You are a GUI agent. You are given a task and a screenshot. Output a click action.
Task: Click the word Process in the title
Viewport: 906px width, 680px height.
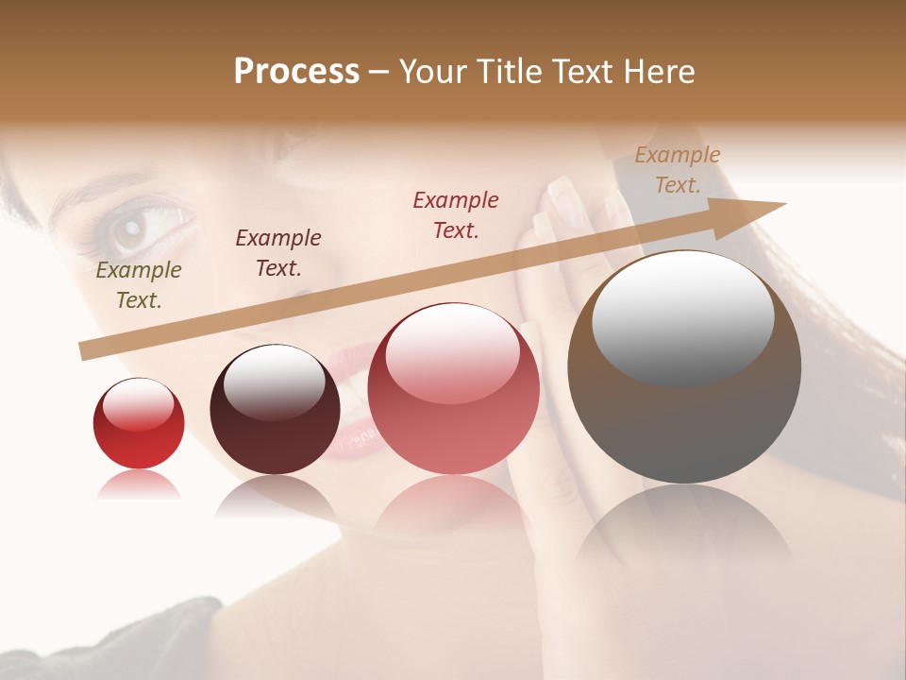[296, 72]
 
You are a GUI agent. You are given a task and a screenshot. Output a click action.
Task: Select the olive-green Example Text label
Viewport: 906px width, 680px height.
[139, 285]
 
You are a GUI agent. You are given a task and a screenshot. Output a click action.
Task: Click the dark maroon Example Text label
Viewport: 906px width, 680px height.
[278, 253]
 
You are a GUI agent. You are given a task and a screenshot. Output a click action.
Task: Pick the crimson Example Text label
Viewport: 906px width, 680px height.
[456, 214]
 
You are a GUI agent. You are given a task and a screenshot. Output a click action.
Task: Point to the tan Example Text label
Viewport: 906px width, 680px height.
[678, 170]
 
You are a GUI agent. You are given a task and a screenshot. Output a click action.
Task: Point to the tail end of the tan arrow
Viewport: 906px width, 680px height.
[87, 349]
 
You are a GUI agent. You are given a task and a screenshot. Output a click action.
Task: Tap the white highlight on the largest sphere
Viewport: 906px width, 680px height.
[682, 316]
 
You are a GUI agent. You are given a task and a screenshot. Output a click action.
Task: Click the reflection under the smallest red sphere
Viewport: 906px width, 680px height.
[139, 485]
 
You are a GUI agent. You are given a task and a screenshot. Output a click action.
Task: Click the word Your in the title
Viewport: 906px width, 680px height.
[433, 72]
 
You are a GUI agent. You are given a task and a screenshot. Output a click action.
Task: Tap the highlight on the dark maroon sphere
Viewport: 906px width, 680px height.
[274, 381]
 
